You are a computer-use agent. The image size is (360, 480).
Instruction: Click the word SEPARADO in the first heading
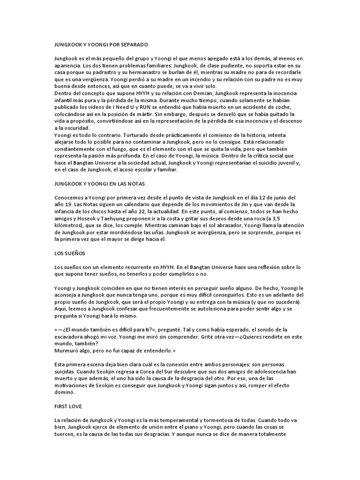(x=132, y=45)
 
